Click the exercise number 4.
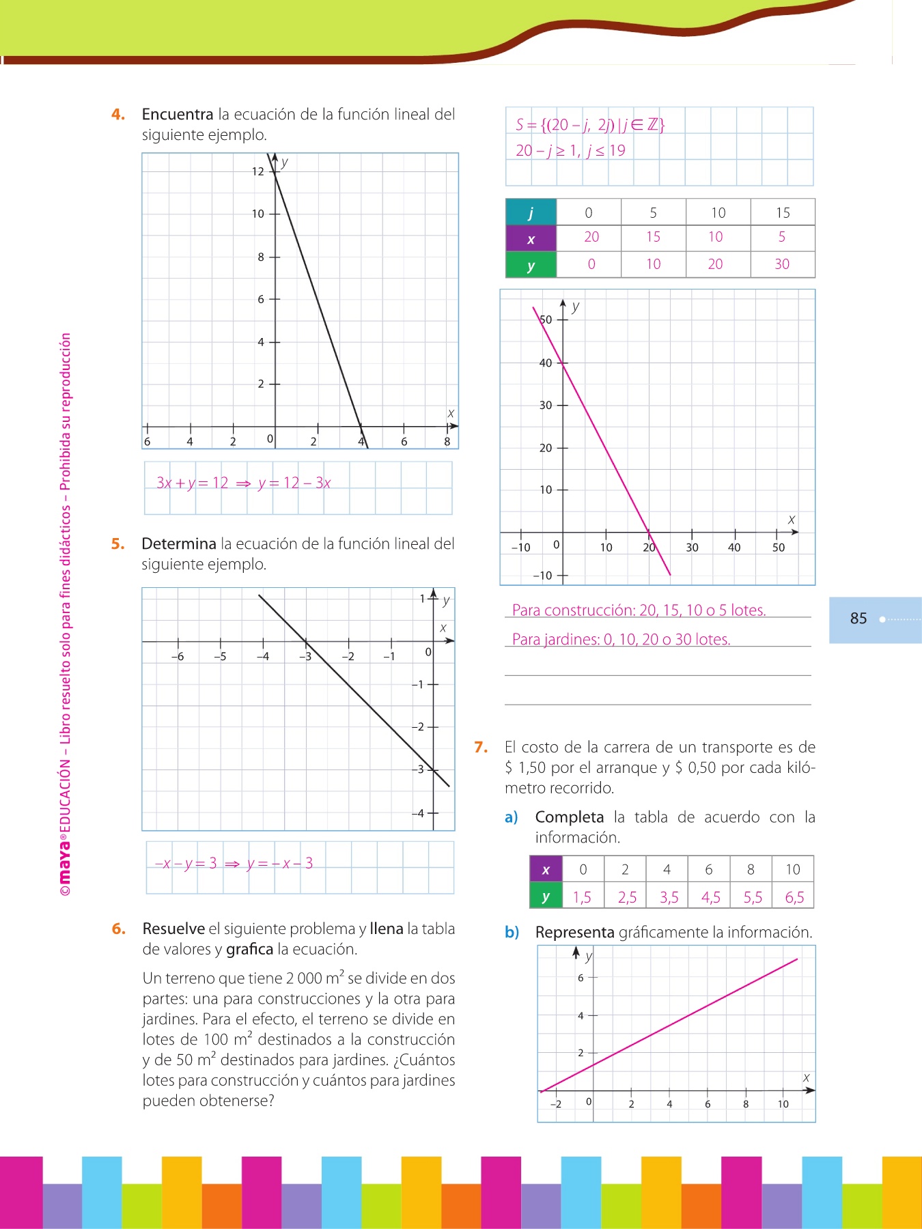coord(118,115)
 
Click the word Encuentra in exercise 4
coord(178,115)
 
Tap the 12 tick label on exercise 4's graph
coord(257,171)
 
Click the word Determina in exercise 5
coord(179,544)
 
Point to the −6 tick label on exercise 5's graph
coord(178,657)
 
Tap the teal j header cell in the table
coord(531,212)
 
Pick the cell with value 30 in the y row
coord(782,264)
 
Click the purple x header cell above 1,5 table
coord(546,870)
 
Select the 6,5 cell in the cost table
coord(794,897)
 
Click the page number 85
coord(858,619)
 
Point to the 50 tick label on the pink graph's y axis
coord(546,320)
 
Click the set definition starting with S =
coord(590,125)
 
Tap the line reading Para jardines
coord(621,640)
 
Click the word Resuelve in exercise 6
coord(173,929)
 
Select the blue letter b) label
coord(512,933)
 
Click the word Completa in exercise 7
coord(570,817)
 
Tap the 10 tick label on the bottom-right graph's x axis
coord(783,1104)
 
